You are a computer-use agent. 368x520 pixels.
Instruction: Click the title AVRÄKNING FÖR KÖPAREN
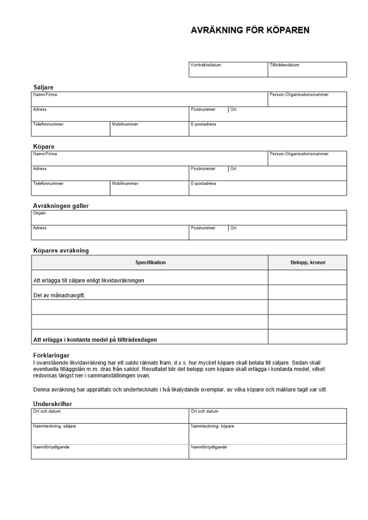250,31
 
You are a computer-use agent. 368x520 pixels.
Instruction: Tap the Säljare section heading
43,87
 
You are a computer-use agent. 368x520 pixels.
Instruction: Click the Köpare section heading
44,147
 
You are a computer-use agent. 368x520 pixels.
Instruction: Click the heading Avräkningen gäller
61,206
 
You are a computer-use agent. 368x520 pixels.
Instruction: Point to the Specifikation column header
150,263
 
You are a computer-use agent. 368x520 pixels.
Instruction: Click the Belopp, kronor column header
308,263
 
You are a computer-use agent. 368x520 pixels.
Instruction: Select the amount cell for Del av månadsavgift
308,293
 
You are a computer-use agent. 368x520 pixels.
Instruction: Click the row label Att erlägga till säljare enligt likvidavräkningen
88,280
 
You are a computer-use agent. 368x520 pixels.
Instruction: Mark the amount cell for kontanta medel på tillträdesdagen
308,337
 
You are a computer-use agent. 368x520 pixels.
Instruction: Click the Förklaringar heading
52,355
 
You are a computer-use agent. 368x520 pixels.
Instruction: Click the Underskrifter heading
53,404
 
